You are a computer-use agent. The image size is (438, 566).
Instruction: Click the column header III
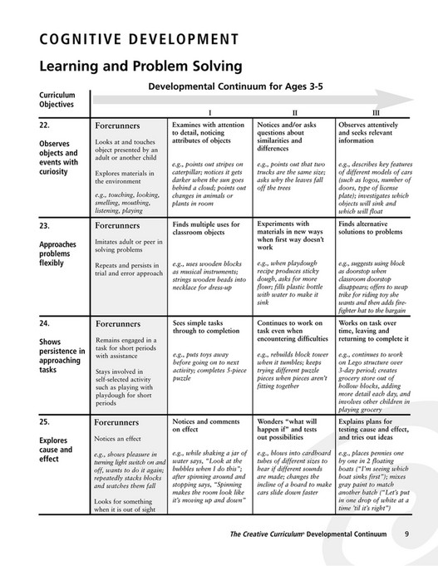coord(376,112)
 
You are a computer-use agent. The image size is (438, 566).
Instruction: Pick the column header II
coord(294,112)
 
